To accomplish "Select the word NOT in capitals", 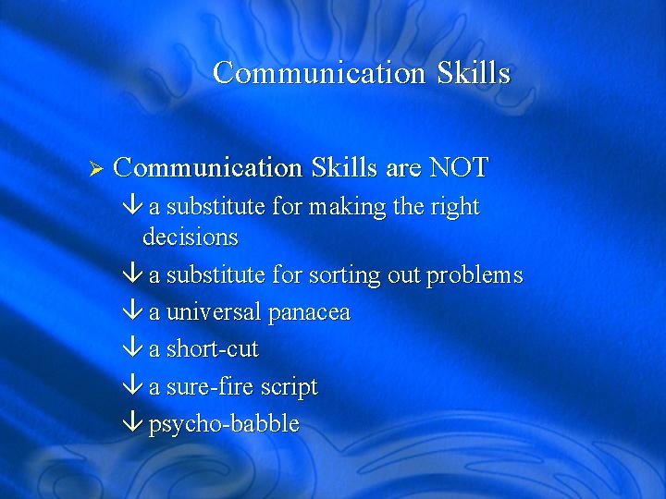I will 460,168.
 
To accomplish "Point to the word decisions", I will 190,237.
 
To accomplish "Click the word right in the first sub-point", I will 455,208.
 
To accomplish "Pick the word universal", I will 214,312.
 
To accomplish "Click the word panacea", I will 309,313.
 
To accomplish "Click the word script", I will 288,387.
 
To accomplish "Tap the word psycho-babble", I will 224,424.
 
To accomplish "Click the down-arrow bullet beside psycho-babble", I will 132,424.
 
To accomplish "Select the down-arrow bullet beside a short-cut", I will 132,349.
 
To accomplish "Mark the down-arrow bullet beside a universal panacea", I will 132,312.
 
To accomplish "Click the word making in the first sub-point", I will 348,208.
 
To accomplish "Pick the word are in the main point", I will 403,168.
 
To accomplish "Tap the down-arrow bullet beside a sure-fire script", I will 132,387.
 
